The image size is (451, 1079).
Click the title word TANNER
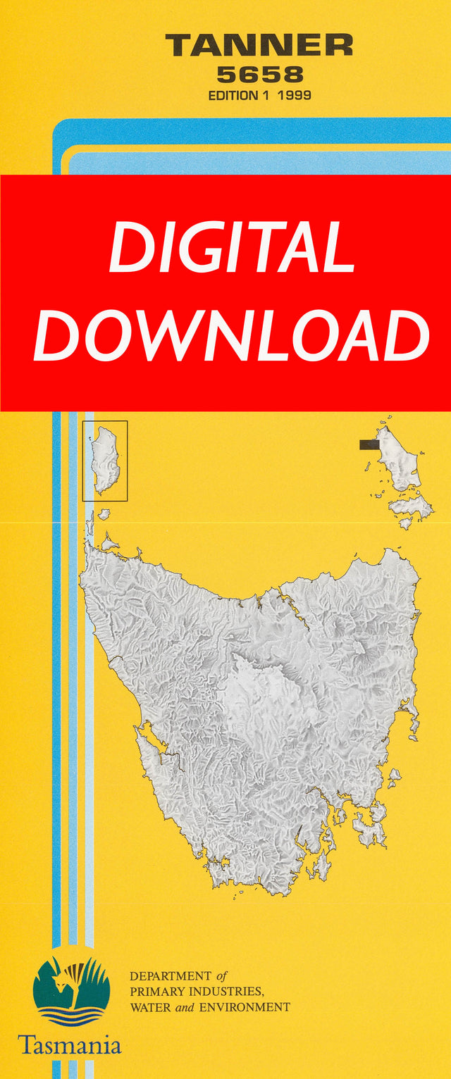click(259, 46)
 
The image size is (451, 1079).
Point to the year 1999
click(295, 95)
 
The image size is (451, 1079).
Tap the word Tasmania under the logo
click(70, 1044)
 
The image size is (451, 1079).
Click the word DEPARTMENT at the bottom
click(170, 976)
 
